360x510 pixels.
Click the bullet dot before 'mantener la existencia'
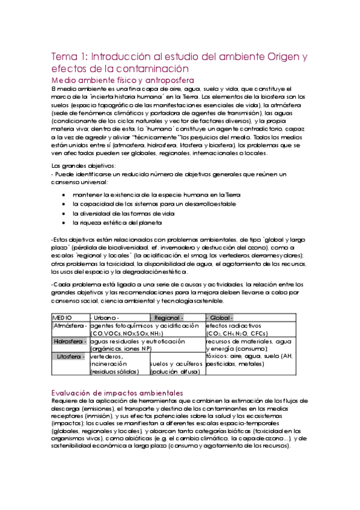(x=64, y=195)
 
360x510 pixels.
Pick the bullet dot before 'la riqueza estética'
(x=64, y=223)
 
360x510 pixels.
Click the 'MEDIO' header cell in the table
(x=63, y=318)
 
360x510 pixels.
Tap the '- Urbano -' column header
(x=105, y=318)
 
